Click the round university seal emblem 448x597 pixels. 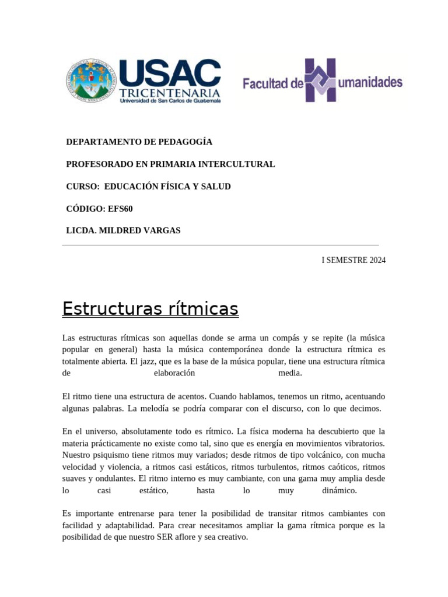click(x=92, y=81)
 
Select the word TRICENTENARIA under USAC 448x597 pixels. click(x=170, y=93)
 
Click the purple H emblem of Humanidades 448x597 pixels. click(x=321, y=80)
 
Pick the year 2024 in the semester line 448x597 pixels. click(x=377, y=260)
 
